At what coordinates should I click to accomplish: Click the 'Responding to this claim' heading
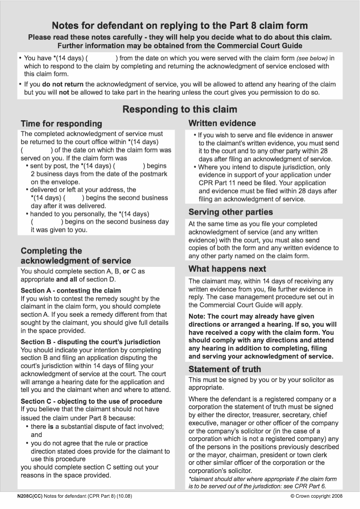point(180,109)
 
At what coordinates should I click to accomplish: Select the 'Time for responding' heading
point(61,124)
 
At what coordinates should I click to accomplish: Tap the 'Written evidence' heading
point(222,123)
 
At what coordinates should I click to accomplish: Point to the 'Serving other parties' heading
point(230,212)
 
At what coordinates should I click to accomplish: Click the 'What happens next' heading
point(227,269)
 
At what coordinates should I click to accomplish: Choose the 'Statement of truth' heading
point(225,369)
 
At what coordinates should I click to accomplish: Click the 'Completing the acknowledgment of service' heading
point(76,256)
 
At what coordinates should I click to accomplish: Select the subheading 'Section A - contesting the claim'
point(71,290)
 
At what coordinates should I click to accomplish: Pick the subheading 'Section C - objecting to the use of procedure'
point(91,401)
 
